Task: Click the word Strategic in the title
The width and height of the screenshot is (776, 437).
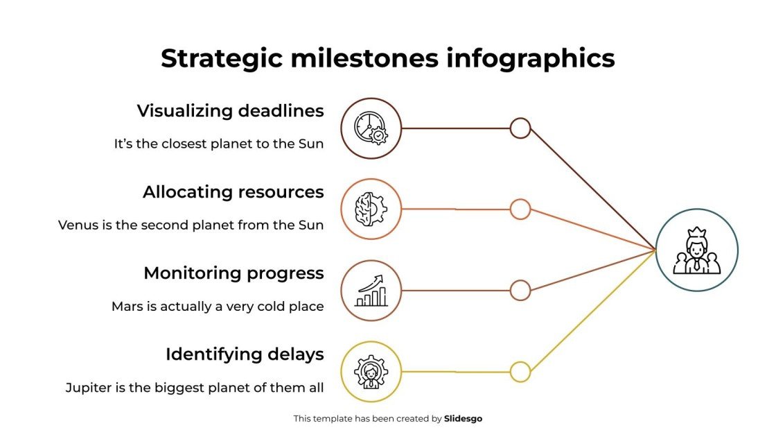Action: pyautogui.click(x=221, y=59)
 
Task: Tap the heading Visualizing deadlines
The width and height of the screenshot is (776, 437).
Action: pyautogui.click(x=230, y=111)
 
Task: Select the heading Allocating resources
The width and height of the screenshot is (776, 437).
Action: pyautogui.click(x=233, y=192)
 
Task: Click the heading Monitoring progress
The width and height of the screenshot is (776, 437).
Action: pyautogui.click(x=233, y=273)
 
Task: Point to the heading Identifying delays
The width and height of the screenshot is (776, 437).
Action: pyautogui.click(x=245, y=354)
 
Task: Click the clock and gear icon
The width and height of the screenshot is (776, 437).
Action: pyautogui.click(x=371, y=128)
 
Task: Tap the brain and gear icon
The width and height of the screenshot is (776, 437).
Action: pyautogui.click(x=371, y=209)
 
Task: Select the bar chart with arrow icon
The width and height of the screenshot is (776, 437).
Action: pyautogui.click(x=371, y=291)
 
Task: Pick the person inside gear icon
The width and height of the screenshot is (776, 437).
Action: pyautogui.click(x=371, y=372)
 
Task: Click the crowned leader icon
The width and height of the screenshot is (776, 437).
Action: pyautogui.click(x=696, y=250)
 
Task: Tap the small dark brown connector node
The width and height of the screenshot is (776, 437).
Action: pyautogui.click(x=520, y=128)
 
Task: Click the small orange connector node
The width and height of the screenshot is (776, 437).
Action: pyautogui.click(x=520, y=209)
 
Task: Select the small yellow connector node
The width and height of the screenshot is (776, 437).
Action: pyautogui.click(x=520, y=372)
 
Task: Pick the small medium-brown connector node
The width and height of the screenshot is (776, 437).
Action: pyautogui.click(x=520, y=291)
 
